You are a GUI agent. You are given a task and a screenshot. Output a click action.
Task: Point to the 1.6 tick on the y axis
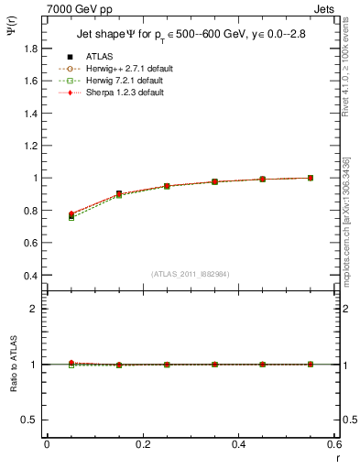(x=28, y=81)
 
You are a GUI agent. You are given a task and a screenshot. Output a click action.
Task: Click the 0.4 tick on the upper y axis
(x=28, y=275)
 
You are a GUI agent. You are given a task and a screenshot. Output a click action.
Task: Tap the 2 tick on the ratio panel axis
(x=33, y=309)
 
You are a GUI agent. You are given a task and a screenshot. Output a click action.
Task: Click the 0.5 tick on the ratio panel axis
(x=28, y=420)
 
